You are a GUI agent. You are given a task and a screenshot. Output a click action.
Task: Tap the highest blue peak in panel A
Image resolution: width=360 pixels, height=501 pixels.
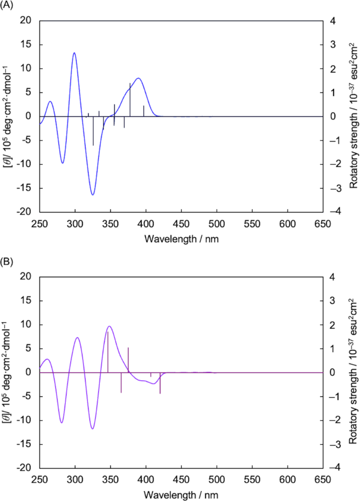[x=74, y=53]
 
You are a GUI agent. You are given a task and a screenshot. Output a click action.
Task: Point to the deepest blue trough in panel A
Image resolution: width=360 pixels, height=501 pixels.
[x=92, y=195]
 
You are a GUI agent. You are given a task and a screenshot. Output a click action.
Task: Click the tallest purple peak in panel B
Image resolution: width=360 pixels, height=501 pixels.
[x=110, y=326]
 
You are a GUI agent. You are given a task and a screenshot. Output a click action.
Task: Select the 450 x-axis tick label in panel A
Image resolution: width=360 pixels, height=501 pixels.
[x=181, y=224]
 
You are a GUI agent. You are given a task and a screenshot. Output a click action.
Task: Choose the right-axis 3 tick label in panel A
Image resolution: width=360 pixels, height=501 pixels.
[x=332, y=45]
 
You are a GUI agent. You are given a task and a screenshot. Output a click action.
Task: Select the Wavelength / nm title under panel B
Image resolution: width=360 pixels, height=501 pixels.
[x=181, y=493]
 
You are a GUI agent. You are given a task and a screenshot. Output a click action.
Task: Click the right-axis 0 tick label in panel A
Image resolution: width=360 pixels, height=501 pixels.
[x=332, y=116]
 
